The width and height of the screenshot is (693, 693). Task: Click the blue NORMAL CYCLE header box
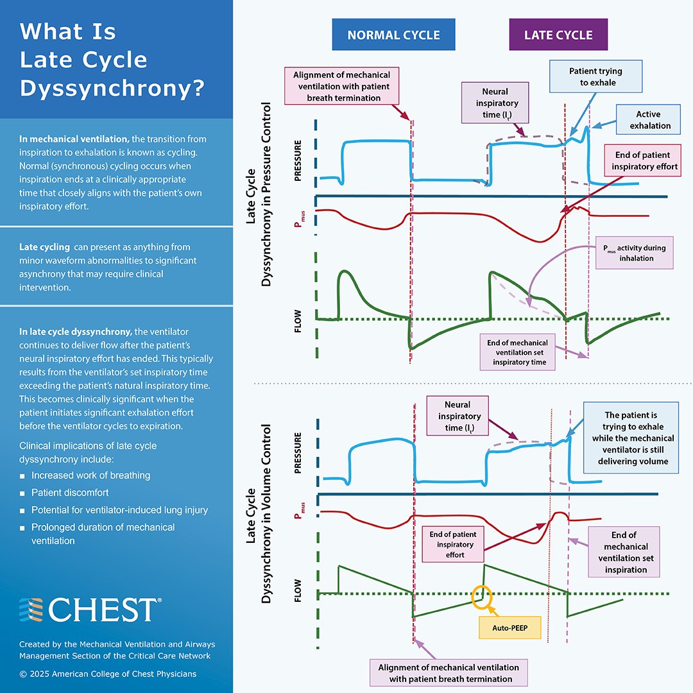tap(393, 35)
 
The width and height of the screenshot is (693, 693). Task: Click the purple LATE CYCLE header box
tap(558, 35)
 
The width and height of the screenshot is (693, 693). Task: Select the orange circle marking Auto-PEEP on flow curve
tap(482, 596)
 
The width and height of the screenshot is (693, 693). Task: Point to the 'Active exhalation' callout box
tap(649, 120)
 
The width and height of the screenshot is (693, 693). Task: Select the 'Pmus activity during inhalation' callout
tap(635, 253)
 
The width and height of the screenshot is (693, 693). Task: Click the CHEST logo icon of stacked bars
tap(31, 609)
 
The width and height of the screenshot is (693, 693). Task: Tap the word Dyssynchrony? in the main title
tap(112, 89)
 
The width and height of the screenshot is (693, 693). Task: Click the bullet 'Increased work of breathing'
tap(90, 475)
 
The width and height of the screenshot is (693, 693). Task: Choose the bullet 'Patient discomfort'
tap(70, 493)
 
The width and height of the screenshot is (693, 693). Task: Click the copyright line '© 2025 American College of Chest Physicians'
tap(108, 674)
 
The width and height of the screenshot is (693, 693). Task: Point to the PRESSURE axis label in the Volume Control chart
tap(298, 456)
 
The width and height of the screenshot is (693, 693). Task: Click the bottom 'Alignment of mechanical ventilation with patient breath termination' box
tap(449, 672)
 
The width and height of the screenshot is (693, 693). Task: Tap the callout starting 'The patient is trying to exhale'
tap(629, 438)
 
